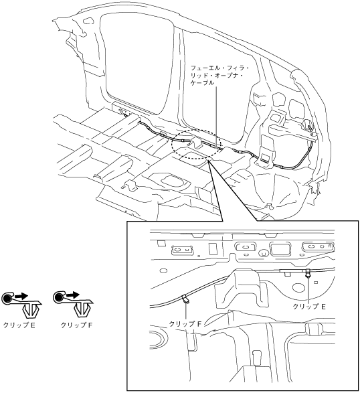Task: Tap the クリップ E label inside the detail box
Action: tap(309, 307)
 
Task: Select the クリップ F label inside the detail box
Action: tap(185, 324)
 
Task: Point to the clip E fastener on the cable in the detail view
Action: tap(308, 272)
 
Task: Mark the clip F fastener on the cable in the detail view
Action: tap(185, 299)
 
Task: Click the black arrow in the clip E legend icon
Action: tap(21, 296)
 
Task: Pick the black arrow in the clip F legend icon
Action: tap(73, 295)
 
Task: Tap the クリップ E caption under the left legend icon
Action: tap(19, 325)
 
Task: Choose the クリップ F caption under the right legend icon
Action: tap(77, 325)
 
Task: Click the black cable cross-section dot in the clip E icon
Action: tap(7, 299)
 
